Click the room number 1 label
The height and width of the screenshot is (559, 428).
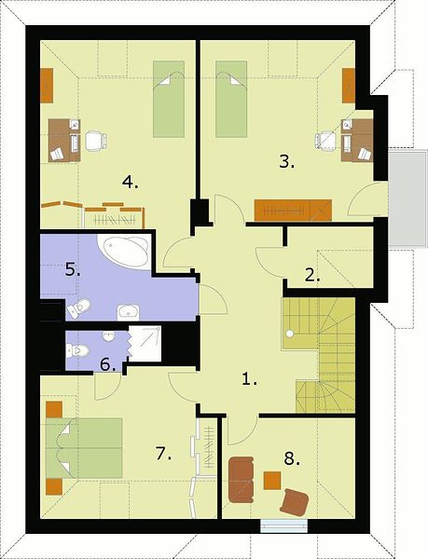(249, 379)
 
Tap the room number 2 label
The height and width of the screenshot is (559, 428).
(312, 275)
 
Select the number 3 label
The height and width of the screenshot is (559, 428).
(287, 162)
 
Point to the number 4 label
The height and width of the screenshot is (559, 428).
(130, 183)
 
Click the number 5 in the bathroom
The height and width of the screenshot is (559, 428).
(73, 270)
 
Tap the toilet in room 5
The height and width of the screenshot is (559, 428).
(78, 308)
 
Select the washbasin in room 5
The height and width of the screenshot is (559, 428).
(128, 313)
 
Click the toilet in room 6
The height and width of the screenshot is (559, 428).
(77, 350)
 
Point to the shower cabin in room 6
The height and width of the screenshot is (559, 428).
(145, 343)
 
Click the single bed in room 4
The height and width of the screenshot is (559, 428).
(169, 99)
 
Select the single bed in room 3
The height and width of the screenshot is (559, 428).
(231, 99)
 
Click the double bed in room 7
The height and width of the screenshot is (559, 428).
(84, 448)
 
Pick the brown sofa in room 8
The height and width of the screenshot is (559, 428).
(242, 480)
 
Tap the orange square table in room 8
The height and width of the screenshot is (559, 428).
(272, 481)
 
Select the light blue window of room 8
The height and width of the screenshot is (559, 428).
(283, 525)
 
